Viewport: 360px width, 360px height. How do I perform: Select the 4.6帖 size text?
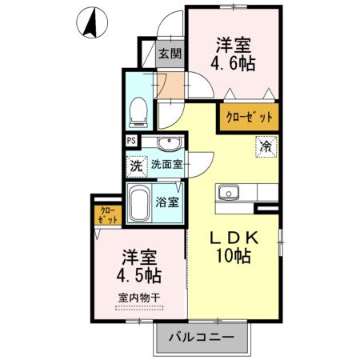234,63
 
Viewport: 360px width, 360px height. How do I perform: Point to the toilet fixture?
138,110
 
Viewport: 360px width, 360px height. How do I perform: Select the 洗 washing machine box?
136,166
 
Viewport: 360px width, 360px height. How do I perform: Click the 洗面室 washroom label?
167,166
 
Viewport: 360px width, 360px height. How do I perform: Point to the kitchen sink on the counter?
229,193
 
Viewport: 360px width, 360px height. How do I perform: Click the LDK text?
233,238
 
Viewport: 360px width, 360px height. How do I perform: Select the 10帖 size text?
233,258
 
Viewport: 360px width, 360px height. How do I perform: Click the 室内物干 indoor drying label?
139,298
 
